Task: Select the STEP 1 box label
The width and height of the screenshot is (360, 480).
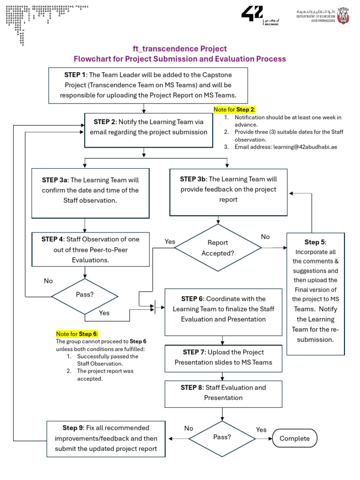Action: pyautogui.click(x=75, y=75)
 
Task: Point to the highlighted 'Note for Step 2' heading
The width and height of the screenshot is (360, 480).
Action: pyautogui.click(x=234, y=109)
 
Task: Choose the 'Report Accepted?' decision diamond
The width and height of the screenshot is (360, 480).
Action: pyautogui.click(x=217, y=248)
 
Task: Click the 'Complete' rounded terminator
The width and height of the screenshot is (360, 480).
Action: pyautogui.click(x=294, y=438)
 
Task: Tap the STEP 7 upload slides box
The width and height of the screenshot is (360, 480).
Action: pyautogui.click(x=223, y=357)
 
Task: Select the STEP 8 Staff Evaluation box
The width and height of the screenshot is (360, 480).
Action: pyautogui.click(x=223, y=393)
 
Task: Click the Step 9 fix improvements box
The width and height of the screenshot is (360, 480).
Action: pyautogui.click(x=106, y=438)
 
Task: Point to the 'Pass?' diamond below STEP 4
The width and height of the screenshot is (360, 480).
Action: pyautogui.click(x=84, y=295)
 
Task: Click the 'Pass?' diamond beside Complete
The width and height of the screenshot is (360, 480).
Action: pyautogui.click(x=222, y=437)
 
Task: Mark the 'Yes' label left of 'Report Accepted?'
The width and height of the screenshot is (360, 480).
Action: pyautogui.click(x=170, y=241)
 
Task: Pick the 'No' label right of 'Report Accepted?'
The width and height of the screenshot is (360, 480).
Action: pyautogui.click(x=265, y=237)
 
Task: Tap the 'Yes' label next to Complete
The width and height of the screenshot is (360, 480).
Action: pyautogui.click(x=261, y=429)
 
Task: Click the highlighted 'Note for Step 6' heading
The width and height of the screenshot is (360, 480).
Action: pyautogui.click(x=77, y=334)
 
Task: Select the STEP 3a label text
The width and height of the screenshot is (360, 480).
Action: pyautogui.click(x=55, y=180)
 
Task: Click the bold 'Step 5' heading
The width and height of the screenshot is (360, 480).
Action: pyautogui.click(x=315, y=242)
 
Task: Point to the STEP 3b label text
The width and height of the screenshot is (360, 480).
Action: pyautogui.click(x=193, y=179)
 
